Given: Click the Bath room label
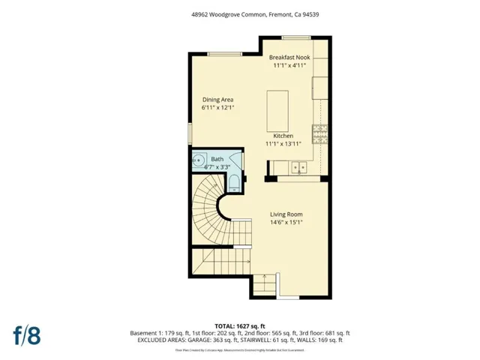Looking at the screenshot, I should pos(217,159).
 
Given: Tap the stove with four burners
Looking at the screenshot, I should pos(321,133).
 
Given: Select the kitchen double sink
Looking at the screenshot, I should pos(299,166).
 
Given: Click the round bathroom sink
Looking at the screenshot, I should pos(199,160).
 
